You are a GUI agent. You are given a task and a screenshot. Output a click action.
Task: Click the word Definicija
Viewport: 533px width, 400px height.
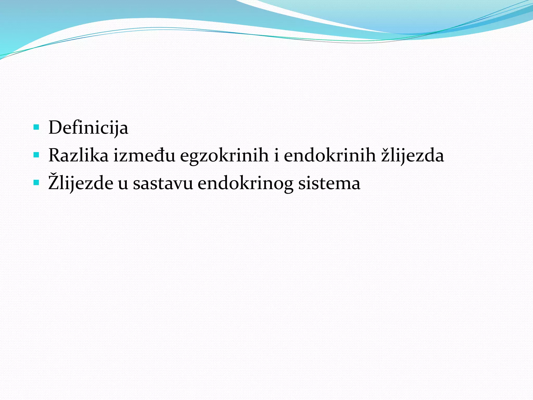pyautogui.click(x=88, y=128)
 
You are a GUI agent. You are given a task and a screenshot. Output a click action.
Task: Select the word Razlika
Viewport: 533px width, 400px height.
pyautogui.click(x=78, y=155)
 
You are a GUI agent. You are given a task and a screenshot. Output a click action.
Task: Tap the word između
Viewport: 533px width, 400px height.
pyautogui.click(x=144, y=155)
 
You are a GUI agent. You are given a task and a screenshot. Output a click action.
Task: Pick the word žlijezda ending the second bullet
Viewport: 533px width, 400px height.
pyautogui.click(x=413, y=155)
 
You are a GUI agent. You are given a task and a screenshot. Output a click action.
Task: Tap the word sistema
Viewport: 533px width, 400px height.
pyautogui.click(x=329, y=183)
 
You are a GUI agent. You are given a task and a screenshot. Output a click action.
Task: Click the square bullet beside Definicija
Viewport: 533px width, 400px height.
pyautogui.click(x=36, y=127)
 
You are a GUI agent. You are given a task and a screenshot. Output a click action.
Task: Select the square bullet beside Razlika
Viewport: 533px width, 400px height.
pyautogui.click(x=36, y=155)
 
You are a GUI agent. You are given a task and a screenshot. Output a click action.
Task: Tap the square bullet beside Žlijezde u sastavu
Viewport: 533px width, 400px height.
pyautogui.click(x=36, y=183)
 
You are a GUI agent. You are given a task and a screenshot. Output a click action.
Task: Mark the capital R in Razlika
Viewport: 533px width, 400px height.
pyautogui.click(x=55, y=155)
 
